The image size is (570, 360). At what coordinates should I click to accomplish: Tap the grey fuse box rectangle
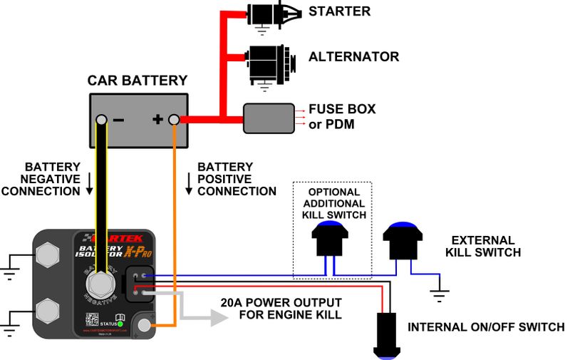coord(269,118)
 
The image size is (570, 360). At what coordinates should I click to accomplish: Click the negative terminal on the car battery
coord(103,119)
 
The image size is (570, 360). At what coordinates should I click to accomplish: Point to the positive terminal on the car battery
coord(173,119)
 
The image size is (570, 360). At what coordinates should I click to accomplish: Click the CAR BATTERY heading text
coord(138,81)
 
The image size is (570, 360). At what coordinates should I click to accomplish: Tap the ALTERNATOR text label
coord(353,57)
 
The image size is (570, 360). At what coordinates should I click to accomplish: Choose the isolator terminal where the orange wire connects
coord(145,326)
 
